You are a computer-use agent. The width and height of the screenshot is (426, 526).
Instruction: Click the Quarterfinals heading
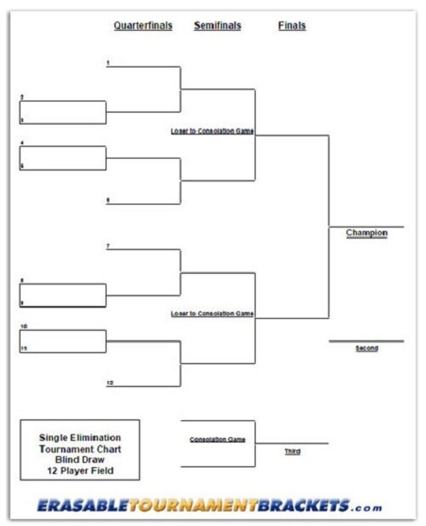(x=143, y=26)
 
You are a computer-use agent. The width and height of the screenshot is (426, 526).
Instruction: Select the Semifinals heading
(x=217, y=26)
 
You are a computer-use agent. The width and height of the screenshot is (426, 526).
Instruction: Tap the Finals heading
(x=291, y=26)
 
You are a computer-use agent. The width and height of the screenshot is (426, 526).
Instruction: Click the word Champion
(x=366, y=233)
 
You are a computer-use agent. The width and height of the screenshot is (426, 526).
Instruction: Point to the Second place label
(x=366, y=348)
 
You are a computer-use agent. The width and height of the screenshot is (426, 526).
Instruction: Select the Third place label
(x=292, y=451)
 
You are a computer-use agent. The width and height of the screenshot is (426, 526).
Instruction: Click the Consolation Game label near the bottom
(x=217, y=439)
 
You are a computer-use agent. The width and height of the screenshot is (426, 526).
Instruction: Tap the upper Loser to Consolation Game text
(x=212, y=131)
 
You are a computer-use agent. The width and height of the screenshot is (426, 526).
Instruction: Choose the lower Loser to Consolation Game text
(x=212, y=314)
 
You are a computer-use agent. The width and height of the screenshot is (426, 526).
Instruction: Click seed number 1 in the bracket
(x=108, y=63)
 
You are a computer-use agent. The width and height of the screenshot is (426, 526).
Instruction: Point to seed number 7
(x=108, y=246)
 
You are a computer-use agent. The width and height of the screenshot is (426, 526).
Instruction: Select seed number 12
(x=110, y=383)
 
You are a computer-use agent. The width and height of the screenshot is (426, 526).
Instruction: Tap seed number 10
(x=24, y=326)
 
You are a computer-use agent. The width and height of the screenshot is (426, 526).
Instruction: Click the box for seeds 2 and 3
(x=63, y=112)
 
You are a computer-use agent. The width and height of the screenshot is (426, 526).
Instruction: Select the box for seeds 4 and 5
(x=63, y=158)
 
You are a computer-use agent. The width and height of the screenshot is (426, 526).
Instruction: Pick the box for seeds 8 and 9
(x=63, y=295)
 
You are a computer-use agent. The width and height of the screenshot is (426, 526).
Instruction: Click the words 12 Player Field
(x=80, y=471)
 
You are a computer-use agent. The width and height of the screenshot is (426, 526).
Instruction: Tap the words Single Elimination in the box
(x=80, y=438)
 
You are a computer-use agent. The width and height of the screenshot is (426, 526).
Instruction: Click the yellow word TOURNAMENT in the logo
(x=193, y=505)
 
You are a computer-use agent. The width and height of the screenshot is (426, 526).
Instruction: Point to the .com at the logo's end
(x=367, y=507)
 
